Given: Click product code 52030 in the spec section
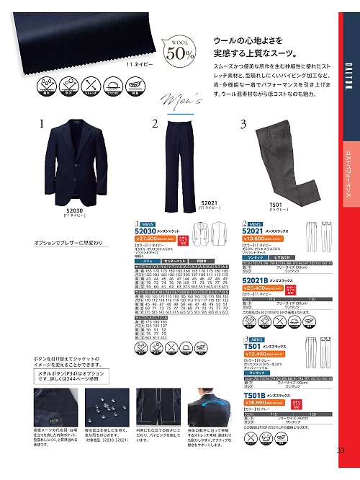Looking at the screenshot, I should point(148,231).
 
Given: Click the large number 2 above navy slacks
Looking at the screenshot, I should point(155,123).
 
